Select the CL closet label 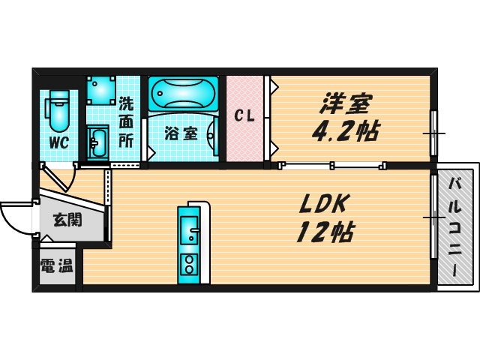pyautogui.click(x=244, y=116)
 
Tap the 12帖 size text pyautogui.click(x=325, y=232)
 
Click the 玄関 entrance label pyautogui.click(x=67, y=220)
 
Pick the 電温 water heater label pyautogui.click(x=56, y=265)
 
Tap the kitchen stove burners pyautogui.click(x=188, y=264)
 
